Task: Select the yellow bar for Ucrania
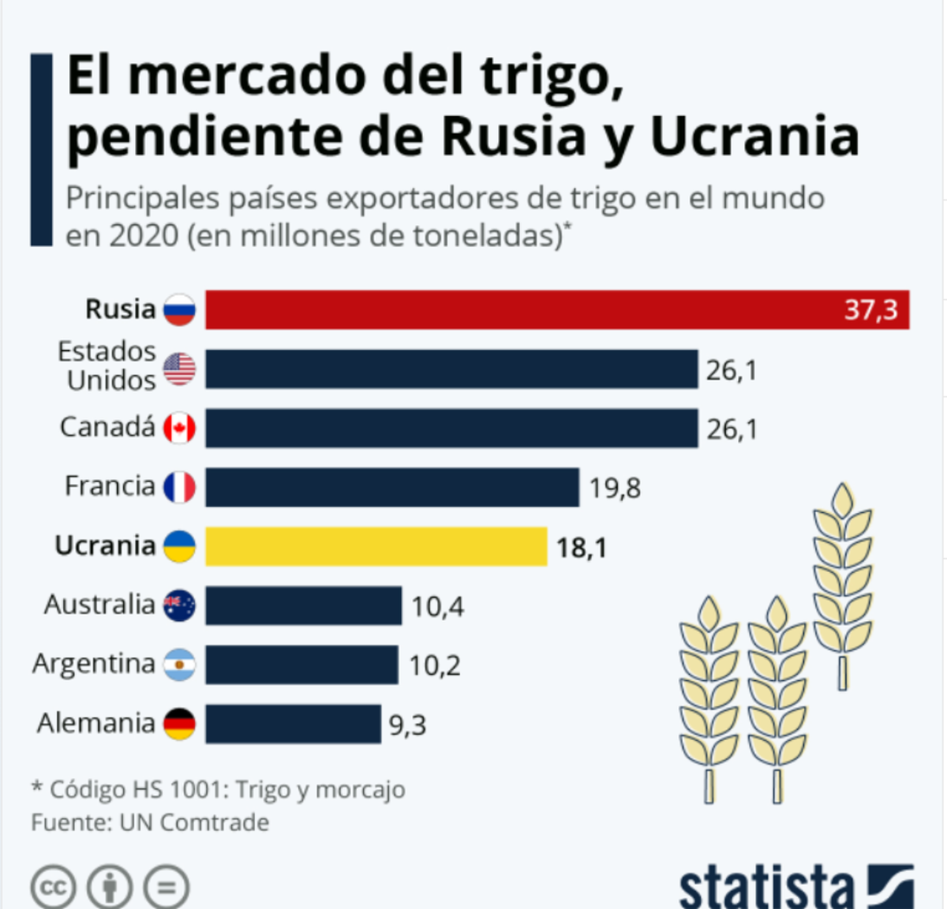pyautogui.click(x=376, y=546)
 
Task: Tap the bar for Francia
pyautogui.click(x=391, y=487)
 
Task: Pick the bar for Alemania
pyautogui.click(x=293, y=724)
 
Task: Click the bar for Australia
pyautogui.click(x=303, y=605)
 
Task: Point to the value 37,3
pyautogui.click(x=870, y=309)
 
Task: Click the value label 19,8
pyautogui.click(x=615, y=488)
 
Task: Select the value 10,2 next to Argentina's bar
pyautogui.click(x=434, y=666)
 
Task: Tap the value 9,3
pyautogui.click(x=407, y=725)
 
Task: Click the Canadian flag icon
pyautogui.click(x=179, y=428)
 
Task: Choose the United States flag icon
pyautogui.click(x=179, y=369)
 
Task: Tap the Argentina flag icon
pyautogui.click(x=179, y=664)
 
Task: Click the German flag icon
pyautogui.click(x=179, y=724)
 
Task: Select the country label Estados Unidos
pyautogui.click(x=107, y=366)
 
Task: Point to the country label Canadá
pyautogui.click(x=107, y=427)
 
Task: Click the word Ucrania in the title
pyautogui.click(x=754, y=137)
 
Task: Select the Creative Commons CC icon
pyautogui.click(x=53, y=888)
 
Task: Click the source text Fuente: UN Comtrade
pyautogui.click(x=150, y=822)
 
